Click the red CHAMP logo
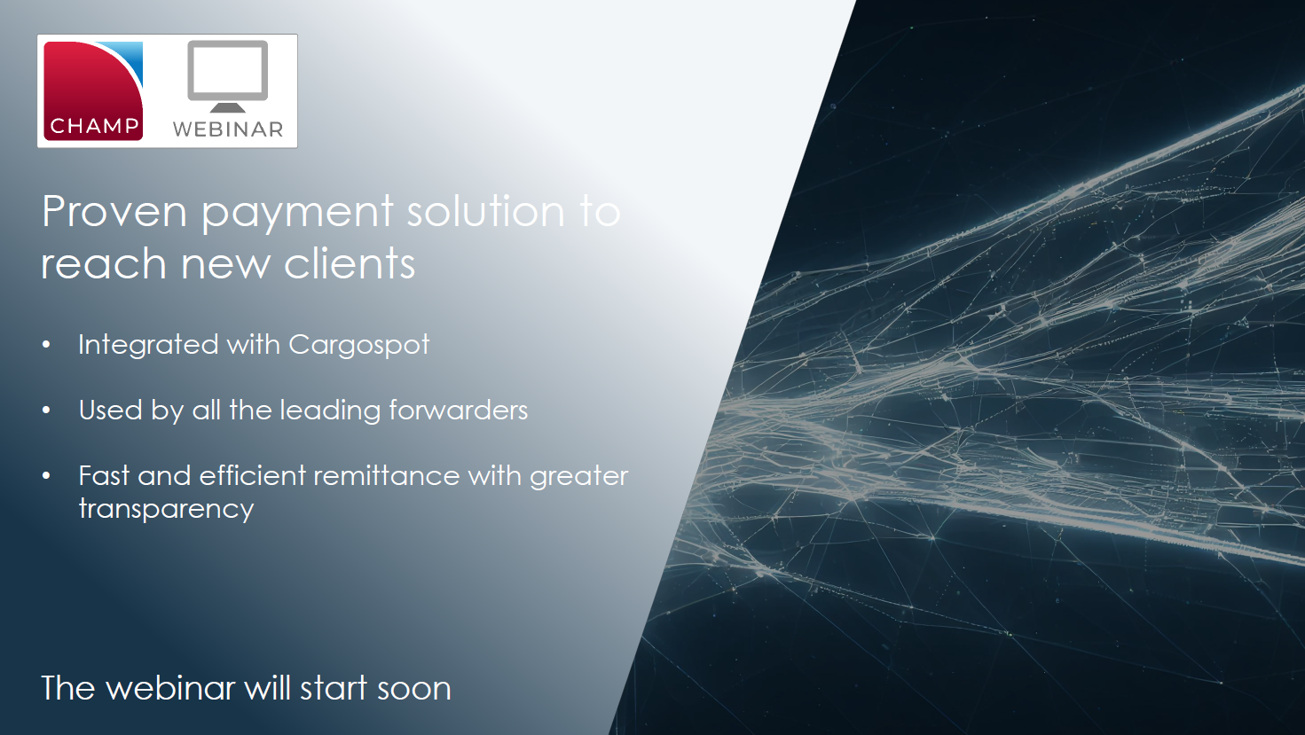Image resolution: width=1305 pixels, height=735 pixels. pos(93,90)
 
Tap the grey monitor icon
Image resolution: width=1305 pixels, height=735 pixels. pos(228,75)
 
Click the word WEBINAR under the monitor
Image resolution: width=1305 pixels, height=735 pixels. pos(228,129)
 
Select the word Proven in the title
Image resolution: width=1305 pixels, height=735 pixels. pos(114,212)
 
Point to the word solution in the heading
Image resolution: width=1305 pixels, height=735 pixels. pos(485,212)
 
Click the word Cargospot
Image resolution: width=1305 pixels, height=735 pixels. pos(358,345)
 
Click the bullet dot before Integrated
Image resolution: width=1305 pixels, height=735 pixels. pos(46,345)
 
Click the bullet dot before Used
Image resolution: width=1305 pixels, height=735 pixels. pos(46,411)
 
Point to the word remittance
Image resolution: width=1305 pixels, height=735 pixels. pos(386,476)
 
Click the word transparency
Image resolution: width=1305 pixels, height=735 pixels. pos(166,509)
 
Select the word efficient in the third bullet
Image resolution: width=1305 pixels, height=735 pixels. pos(253,476)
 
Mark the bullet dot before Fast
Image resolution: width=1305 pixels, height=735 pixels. pos(46,476)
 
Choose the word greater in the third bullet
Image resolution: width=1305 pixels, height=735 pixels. pos(578,477)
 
